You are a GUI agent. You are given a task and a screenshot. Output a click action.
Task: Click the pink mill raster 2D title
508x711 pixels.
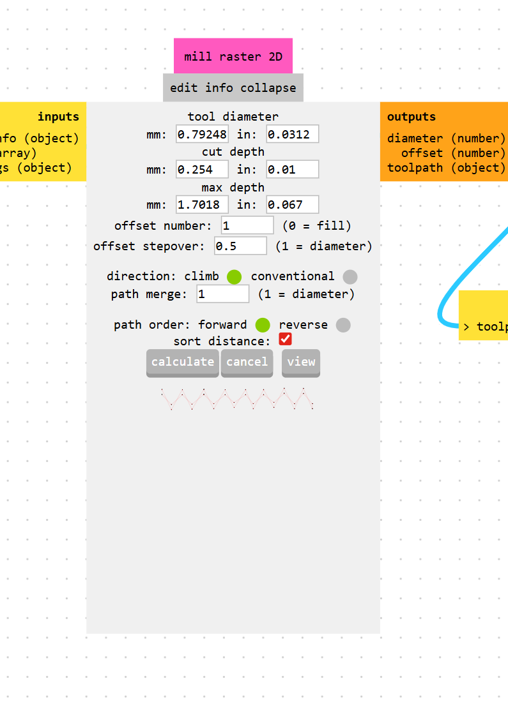[x=233, y=56]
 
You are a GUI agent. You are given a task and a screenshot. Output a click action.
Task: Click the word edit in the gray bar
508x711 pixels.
[x=183, y=87]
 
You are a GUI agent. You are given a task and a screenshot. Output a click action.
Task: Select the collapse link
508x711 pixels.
[x=268, y=88]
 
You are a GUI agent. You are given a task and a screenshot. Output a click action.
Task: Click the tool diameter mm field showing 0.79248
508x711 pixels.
[x=202, y=134]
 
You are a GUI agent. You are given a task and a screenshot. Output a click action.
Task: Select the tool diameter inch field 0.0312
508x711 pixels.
[x=293, y=134]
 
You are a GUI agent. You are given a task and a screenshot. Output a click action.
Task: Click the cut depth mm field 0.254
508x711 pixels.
[x=202, y=170]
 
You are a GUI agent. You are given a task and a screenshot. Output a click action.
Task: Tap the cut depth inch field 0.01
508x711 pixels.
[x=293, y=170]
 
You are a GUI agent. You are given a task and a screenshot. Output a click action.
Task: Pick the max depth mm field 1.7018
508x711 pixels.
[x=202, y=204]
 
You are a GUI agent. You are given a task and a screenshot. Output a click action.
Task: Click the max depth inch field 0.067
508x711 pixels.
[x=293, y=204]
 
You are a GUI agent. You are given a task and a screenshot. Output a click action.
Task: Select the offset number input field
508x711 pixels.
[x=247, y=225]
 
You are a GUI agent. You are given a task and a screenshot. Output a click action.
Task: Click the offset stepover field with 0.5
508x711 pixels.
[x=241, y=246]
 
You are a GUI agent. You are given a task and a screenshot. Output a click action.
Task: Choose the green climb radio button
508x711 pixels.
[x=235, y=276]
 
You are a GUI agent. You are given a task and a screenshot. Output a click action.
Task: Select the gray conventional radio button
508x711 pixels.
[x=350, y=276]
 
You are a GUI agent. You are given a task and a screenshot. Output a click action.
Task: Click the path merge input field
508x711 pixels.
[x=223, y=294]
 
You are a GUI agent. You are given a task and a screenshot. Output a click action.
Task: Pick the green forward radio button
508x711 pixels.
[x=263, y=325]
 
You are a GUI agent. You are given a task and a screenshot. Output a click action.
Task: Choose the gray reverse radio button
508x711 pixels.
[x=343, y=325]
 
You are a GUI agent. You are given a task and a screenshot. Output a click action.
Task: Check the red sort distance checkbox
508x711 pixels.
[x=285, y=339]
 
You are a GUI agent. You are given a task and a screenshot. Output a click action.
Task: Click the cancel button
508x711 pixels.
[x=247, y=363]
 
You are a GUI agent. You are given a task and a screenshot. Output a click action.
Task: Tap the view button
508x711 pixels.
[x=301, y=363]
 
